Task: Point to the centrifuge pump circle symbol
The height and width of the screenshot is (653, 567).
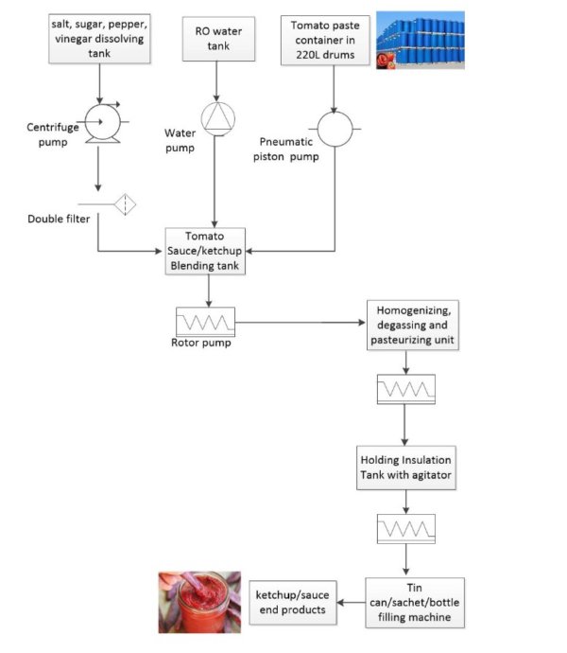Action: pos(97,121)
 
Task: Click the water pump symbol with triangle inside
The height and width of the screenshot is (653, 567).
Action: pos(216,116)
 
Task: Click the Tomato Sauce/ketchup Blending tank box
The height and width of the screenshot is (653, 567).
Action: pos(205,251)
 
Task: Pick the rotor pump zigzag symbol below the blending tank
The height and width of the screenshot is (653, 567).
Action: pos(205,321)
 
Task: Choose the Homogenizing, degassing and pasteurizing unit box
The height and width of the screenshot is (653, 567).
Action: pos(405,326)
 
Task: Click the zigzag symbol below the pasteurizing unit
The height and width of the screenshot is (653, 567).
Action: pos(405,388)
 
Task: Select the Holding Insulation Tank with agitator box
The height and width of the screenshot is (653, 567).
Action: pos(405,468)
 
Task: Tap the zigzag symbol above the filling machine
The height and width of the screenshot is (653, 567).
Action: pos(405,526)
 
